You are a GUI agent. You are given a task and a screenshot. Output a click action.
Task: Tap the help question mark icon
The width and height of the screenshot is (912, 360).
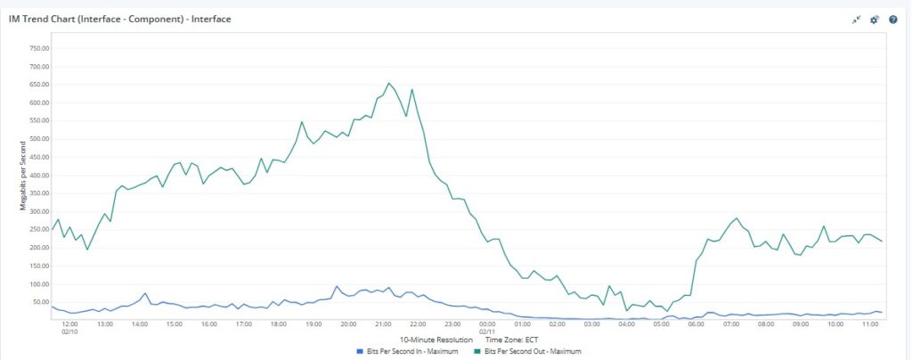point(892,20)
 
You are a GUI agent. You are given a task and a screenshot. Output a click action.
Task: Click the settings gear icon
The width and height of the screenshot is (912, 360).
point(874,20)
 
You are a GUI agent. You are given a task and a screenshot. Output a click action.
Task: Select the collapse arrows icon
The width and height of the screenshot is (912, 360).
point(856,20)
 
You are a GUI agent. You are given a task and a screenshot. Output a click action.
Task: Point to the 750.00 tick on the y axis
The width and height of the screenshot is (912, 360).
point(39,48)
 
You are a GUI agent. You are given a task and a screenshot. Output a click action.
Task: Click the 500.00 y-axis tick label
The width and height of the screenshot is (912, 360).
point(39,139)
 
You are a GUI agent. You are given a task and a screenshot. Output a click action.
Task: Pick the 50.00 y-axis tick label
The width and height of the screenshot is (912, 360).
point(41,302)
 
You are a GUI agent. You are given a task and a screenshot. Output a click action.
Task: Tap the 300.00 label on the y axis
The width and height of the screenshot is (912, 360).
point(39,211)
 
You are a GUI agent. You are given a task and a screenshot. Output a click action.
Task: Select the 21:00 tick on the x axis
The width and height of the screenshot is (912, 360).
point(383,324)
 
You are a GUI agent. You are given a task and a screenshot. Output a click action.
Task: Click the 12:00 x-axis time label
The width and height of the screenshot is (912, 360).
point(69,324)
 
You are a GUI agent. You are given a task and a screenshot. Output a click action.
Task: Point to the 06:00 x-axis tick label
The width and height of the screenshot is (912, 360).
point(696,324)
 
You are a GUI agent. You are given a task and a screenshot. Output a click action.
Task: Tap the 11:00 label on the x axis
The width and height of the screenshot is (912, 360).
point(870,324)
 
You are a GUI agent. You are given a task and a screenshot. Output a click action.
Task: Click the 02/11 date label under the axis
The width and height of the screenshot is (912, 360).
point(487,331)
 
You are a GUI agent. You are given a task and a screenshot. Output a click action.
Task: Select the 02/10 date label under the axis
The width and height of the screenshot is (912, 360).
point(69,331)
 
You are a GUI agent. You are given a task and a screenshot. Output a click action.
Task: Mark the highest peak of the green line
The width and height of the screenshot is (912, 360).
point(388,83)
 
